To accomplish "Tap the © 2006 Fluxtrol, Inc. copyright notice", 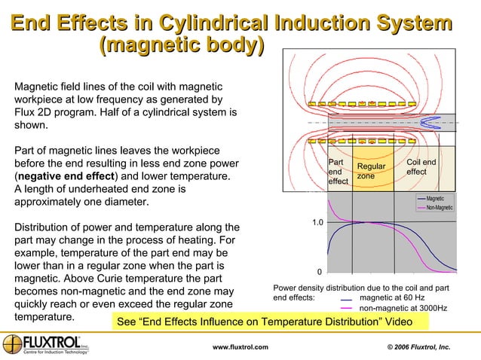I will coord(413,346).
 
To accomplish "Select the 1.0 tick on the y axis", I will coord(318,223).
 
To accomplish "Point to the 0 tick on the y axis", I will coord(320,273).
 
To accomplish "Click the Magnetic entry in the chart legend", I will coord(434,198).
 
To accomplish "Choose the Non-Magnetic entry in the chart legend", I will coord(439,208).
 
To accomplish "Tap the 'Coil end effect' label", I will coord(421,166).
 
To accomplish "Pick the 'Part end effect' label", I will coord(338,171).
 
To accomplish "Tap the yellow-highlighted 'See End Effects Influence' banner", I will coord(269,322).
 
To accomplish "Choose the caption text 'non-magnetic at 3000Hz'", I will coord(403,308).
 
